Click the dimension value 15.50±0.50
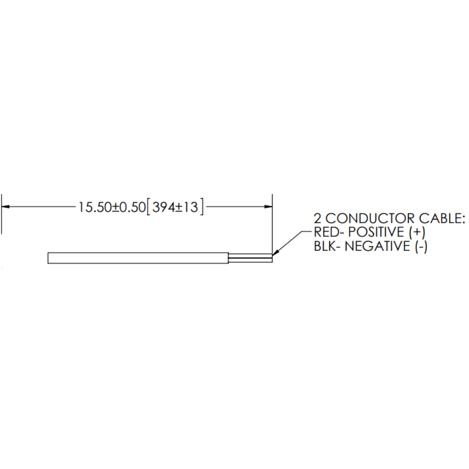point(112,207)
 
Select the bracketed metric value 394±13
point(175,207)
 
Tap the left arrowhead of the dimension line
point(5,206)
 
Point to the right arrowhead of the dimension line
point(268,206)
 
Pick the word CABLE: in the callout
point(442,219)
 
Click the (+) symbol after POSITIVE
point(416,233)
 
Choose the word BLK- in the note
point(327,247)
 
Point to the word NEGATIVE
point(378,247)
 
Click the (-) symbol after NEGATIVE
point(421,247)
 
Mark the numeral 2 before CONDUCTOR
point(318,219)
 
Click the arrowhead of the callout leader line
point(274,253)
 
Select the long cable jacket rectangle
point(138,258)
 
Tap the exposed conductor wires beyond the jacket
point(250,258)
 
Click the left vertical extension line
point(2,214)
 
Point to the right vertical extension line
point(272,224)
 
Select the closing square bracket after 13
point(202,207)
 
